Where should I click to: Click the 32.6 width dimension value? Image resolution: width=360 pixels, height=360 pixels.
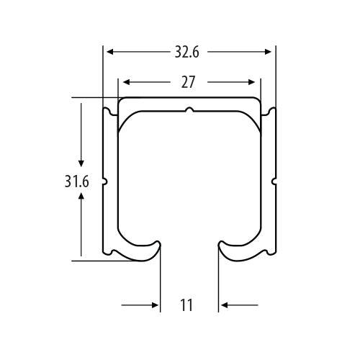(x=186, y=52)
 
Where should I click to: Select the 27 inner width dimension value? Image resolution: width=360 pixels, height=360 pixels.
(x=188, y=82)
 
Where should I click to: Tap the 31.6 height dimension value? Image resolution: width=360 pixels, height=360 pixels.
(x=77, y=181)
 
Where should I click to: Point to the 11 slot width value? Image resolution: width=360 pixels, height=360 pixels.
(x=186, y=305)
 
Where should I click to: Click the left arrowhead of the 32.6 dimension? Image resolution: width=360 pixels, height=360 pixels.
(x=110, y=52)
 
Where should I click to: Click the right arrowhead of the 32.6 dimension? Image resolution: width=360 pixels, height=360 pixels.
(x=268, y=52)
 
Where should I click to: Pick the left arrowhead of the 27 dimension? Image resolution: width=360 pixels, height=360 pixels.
(x=126, y=82)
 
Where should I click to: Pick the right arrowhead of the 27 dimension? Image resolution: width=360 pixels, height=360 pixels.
(x=251, y=82)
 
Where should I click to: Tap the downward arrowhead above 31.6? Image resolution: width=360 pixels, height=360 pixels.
(x=81, y=163)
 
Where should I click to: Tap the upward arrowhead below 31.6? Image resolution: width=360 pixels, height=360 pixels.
(x=81, y=196)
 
